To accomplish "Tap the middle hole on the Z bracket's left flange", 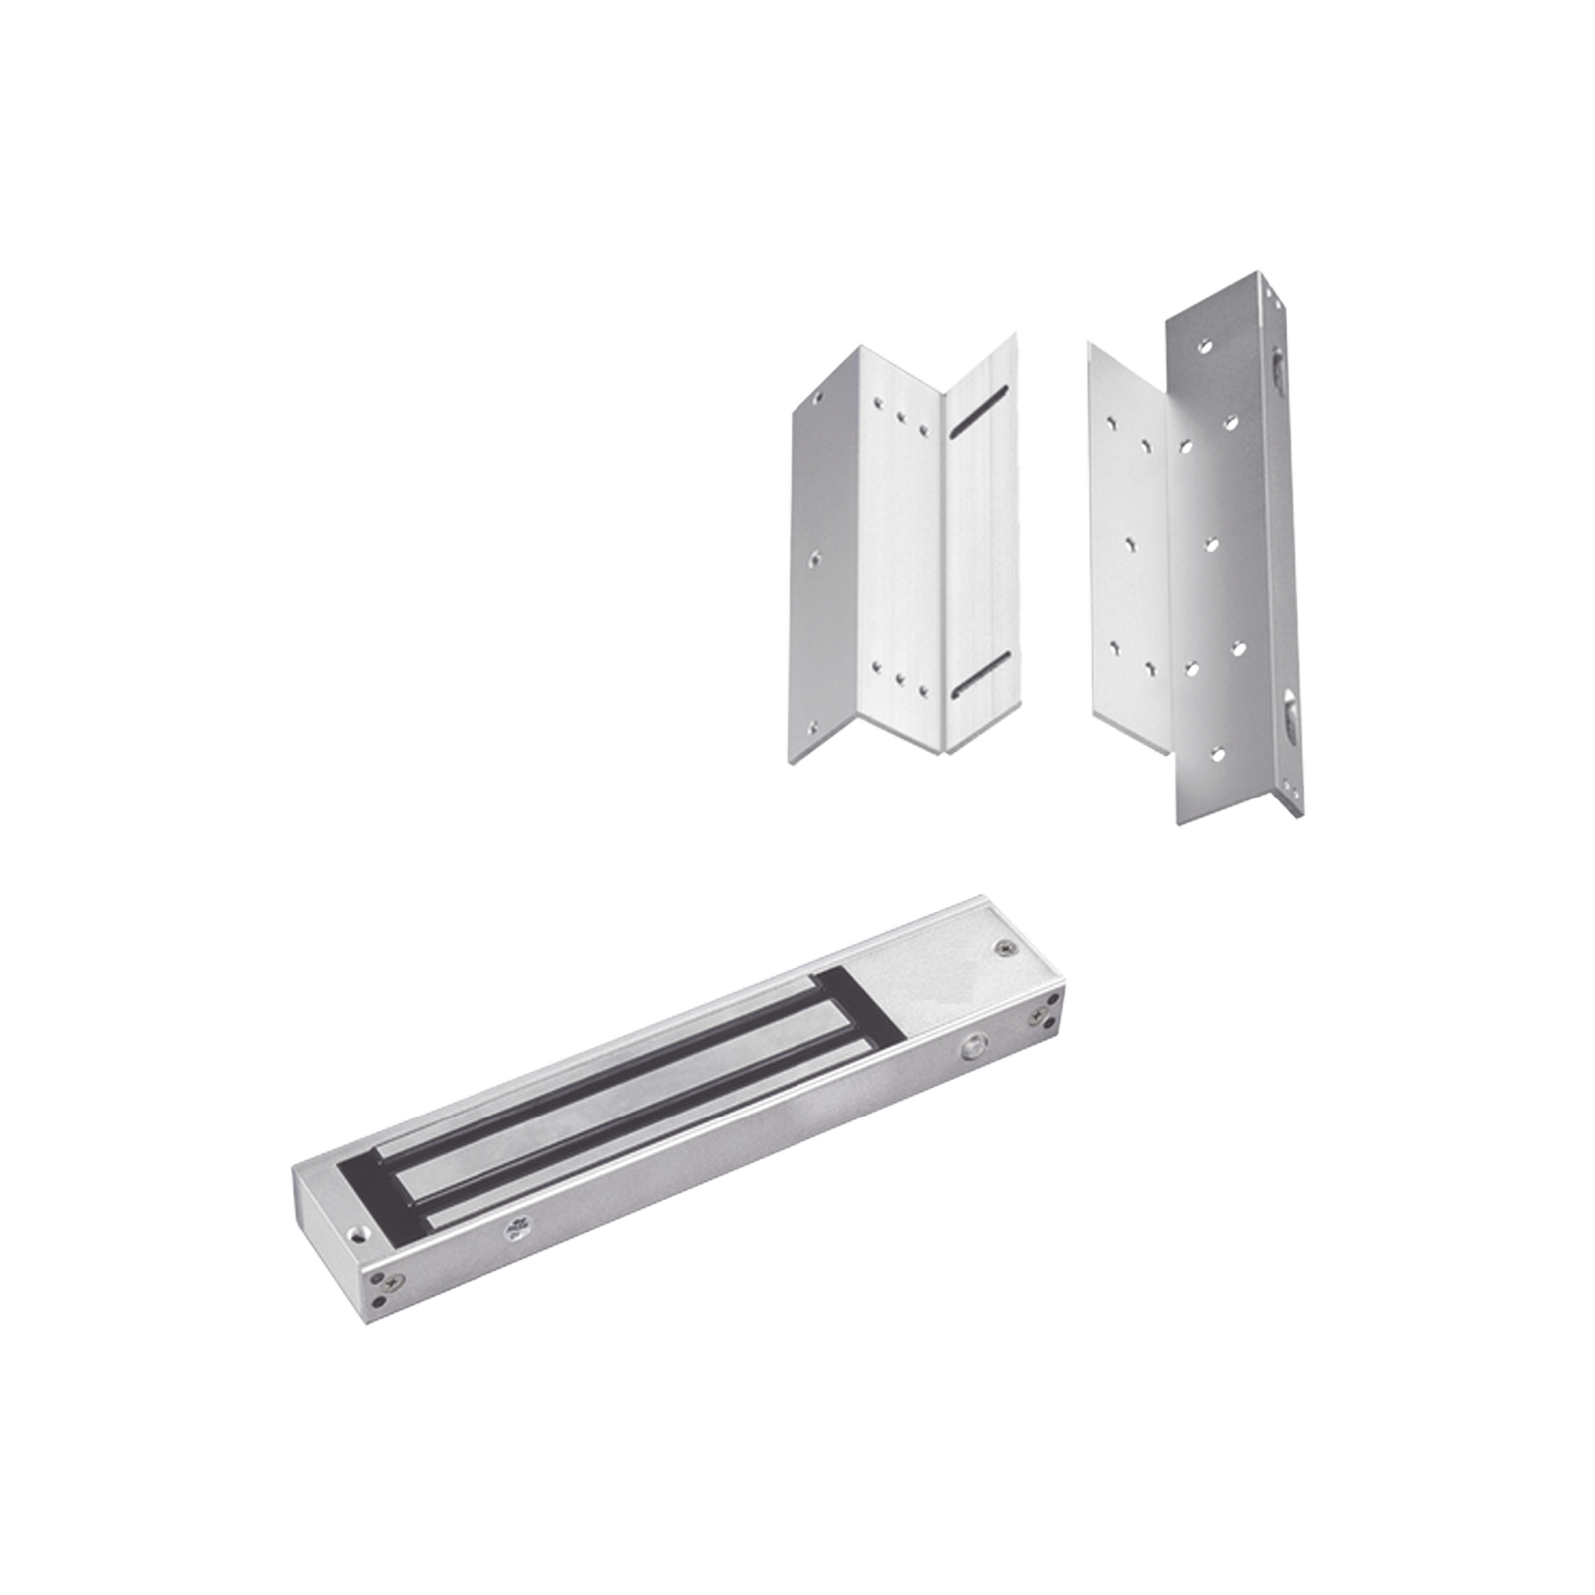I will click(816, 558).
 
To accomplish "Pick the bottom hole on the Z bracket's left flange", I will click(815, 728).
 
